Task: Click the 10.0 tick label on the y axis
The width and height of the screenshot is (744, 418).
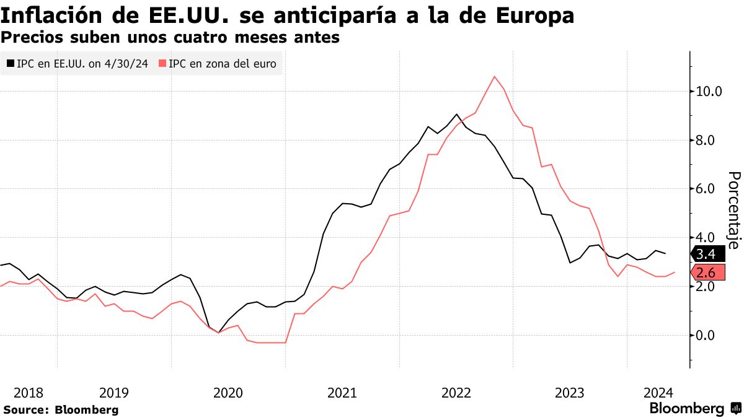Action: click(709, 92)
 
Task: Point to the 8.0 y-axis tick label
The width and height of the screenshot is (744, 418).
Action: click(706, 141)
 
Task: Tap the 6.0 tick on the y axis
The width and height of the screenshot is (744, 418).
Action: click(706, 189)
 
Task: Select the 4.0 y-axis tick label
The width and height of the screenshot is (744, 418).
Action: click(706, 238)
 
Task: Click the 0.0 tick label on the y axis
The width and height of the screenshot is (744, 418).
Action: click(706, 335)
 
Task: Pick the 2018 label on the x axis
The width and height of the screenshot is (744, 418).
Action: click(29, 392)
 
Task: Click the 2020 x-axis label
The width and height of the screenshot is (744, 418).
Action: click(228, 392)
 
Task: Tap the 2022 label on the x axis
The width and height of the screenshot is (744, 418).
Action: click(456, 392)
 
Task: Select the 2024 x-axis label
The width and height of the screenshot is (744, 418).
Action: click(658, 392)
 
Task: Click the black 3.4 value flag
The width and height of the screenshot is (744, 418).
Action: click(706, 254)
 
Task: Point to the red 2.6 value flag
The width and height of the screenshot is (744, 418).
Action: click(706, 273)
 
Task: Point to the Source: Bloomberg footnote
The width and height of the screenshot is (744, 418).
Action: click(61, 409)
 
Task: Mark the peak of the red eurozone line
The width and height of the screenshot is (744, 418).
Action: click(494, 76)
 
